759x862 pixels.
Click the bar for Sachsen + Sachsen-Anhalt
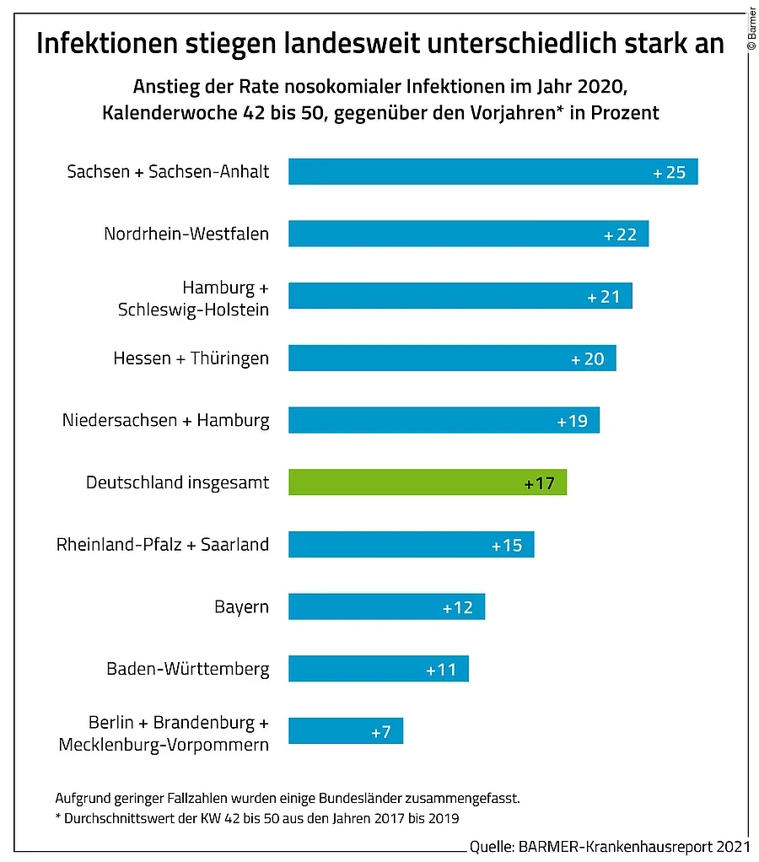pos(493,172)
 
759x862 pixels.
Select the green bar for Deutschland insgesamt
pos(427,483)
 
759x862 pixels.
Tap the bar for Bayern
pos(386,607)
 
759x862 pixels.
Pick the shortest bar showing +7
pos(346,731)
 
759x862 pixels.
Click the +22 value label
pos(621,234)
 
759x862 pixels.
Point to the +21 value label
pos(604,297)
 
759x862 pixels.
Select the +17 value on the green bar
pos(539,484)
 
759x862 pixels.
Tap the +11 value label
pos(441,670)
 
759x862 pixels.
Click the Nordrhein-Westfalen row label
pos(186,234)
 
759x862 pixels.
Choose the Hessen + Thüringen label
pos(191,358)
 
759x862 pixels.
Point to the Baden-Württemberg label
pos(188,670)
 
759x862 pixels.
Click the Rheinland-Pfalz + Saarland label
pos(163,545)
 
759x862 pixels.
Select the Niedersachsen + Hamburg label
pos(166,420)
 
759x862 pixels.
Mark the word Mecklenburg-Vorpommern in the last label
pos(164,745)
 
